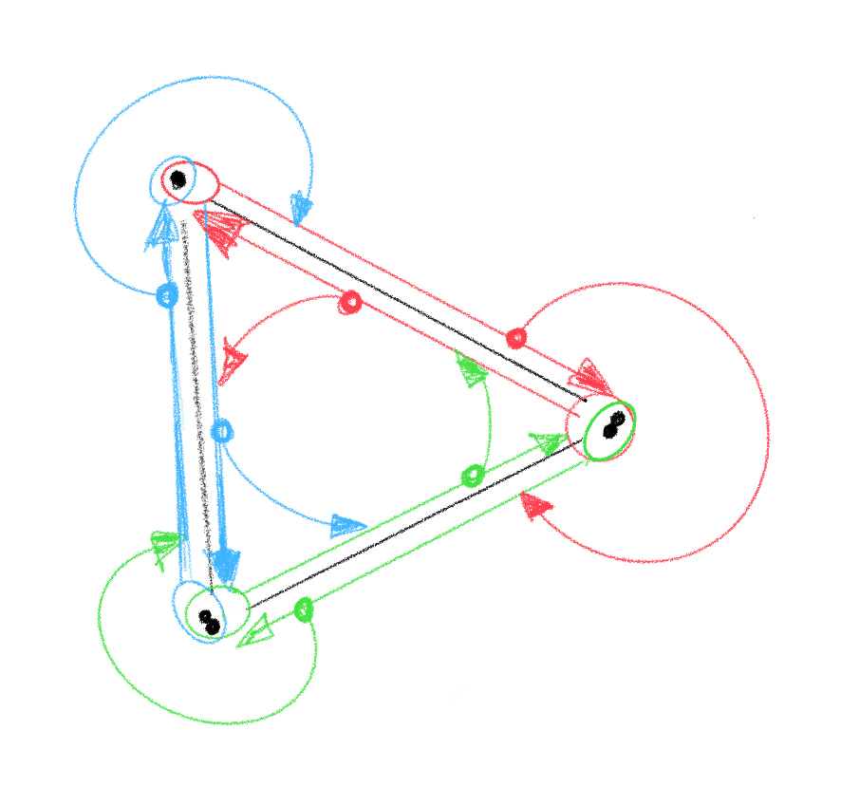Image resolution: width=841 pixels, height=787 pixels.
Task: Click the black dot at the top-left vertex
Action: [178, 178]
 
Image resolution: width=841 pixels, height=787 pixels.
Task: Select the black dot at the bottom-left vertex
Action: [209, 620]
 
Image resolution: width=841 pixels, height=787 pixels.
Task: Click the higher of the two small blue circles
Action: [167, 295]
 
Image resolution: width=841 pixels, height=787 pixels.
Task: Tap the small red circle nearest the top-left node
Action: [349, 302]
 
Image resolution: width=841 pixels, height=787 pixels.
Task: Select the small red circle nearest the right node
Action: [516, 337]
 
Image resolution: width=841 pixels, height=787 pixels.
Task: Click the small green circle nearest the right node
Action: [472, 475]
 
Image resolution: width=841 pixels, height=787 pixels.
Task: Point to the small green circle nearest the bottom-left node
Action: [304, 609]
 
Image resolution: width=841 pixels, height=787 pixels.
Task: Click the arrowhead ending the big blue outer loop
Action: [302, 208]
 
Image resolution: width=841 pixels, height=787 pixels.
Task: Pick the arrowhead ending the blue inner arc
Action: [348, 524]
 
